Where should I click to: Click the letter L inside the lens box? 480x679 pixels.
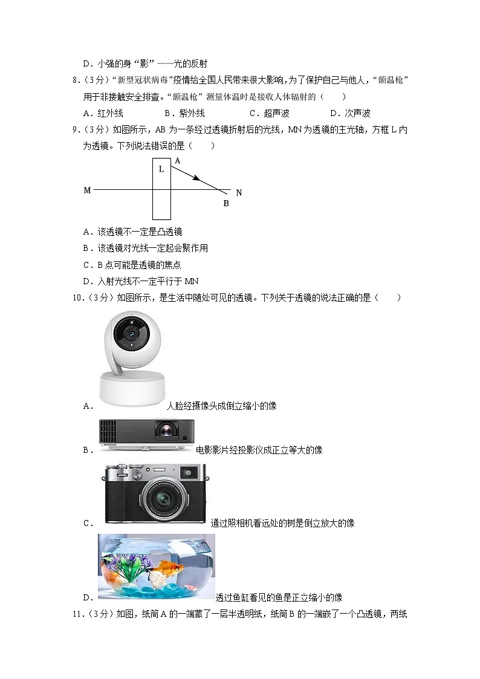point(161,169)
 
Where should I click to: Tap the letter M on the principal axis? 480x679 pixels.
point(87,190)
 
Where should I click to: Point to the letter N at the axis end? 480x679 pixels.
point(239,193)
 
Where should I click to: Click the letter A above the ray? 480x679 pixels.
point(177,161)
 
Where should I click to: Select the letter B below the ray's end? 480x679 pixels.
point(226,204)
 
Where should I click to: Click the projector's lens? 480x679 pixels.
point(165,431)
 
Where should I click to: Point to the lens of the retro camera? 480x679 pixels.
point(162,499)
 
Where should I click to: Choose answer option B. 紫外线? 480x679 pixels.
point(184,113)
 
